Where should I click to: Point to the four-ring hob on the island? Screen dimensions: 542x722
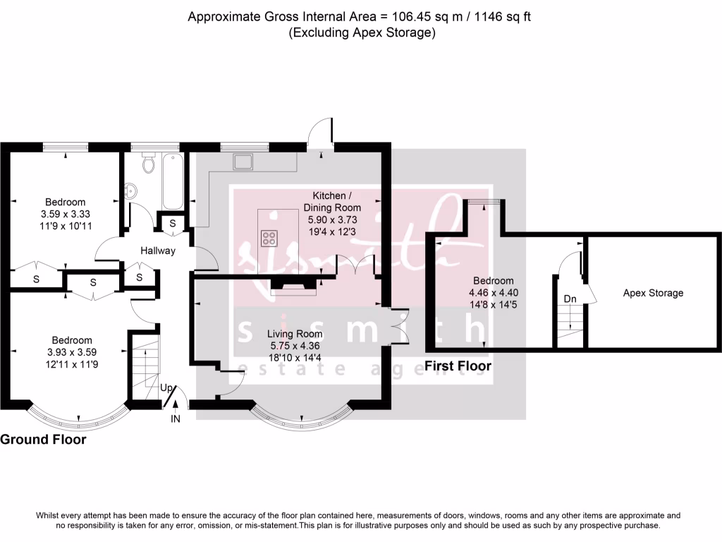click(x=269, y=238)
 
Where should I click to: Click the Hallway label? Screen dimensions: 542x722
click(x=157, y=251)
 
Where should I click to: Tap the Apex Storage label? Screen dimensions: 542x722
click(x=653, y=293)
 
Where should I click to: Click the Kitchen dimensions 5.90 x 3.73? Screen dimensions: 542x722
click(x=332, y=220)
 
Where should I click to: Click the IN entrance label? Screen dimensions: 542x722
click(x=176, y=419)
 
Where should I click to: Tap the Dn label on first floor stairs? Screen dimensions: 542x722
click(x=570, y=299)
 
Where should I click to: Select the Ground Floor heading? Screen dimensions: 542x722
click(x=43, y=440)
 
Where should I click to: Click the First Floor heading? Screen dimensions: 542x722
click(x=458, y=366)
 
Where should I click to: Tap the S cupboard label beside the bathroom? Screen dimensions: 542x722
click(x=173, y=224)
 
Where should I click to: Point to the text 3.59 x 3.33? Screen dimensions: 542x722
click(x=66, y=215)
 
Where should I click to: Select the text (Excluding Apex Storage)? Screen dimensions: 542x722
click(x=360, y=32)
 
